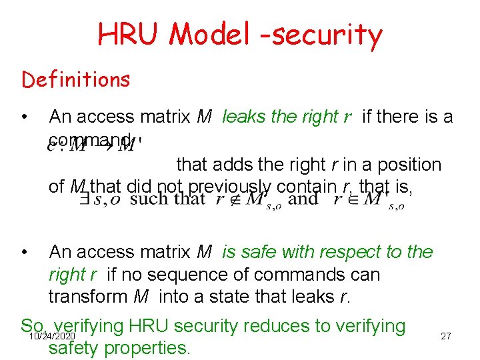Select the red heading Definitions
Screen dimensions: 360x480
point(76,80)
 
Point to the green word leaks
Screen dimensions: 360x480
point(244,117)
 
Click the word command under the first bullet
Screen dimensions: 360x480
point(90,139)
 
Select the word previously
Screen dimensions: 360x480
point(227,187)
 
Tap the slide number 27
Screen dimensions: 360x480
point(446,336)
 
